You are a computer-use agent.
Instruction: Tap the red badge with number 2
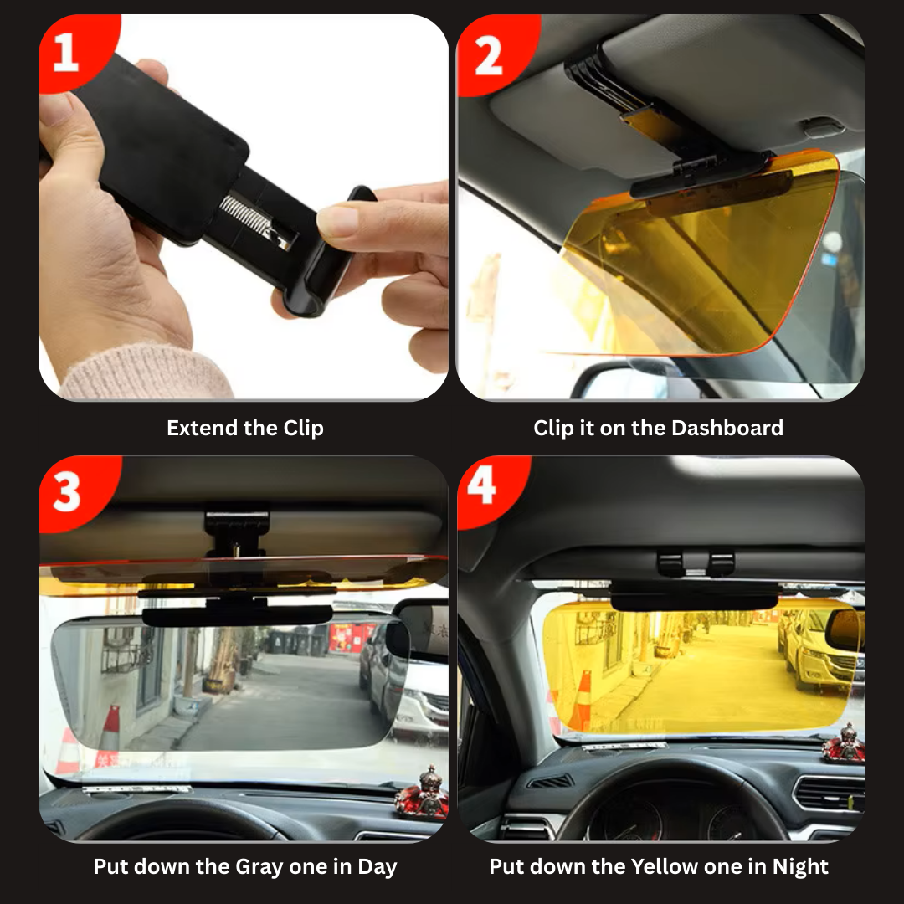click(x=493, y=53)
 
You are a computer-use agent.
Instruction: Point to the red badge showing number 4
click(x=489, y=488)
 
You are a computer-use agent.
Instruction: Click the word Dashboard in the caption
click(x=727, y=428)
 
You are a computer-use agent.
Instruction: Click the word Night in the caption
click(x=800, y=866)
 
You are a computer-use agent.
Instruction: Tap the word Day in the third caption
click(x=377, y=866)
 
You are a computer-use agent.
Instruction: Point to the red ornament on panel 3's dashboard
click(x=423, y=794)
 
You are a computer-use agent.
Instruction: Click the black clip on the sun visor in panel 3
click(x=236, y=532)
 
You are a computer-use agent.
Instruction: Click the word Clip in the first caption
click(x=303, y=428)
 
